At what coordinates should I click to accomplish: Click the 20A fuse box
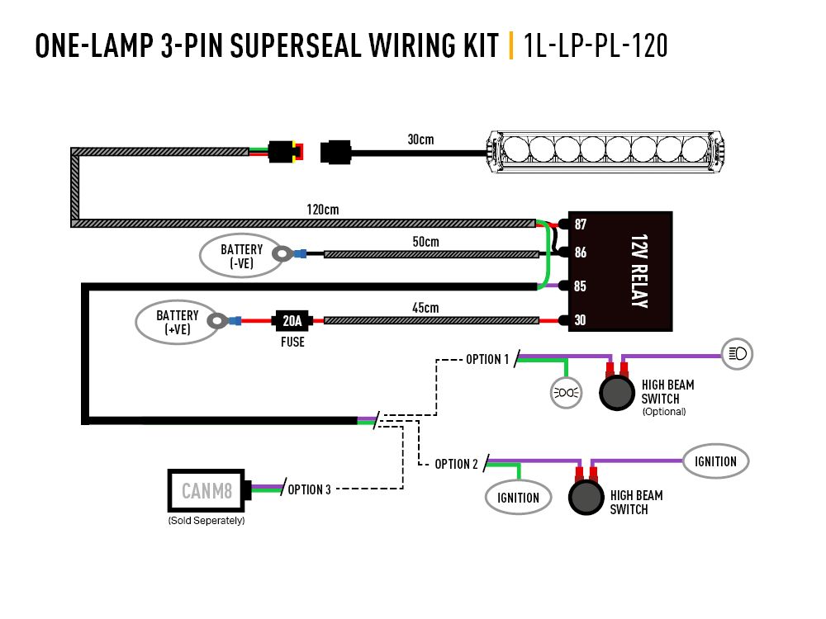click(x=292, y=320)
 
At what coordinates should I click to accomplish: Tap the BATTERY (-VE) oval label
click(x=241, y=256)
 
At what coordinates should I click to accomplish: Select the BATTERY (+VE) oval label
click(x=178, y=322)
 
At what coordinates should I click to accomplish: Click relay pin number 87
click(x=581, y=224)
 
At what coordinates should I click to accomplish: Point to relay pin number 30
click(x=581, y=320)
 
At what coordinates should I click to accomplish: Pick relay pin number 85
click(x=581, y=286)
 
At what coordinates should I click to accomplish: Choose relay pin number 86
click(x=581, y=253)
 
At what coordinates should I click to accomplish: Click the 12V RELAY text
click(x=637, y=272)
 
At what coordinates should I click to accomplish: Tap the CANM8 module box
click(x=206, y=492)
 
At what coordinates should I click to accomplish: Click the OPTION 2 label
click(x=456, y=465)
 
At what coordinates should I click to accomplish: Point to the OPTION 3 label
click(x=309, y=489)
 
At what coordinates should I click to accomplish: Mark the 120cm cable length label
click(x=322, y=210)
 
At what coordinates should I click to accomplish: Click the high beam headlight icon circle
click(x=737, y=354)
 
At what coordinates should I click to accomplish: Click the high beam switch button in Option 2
click(x=586, y=498)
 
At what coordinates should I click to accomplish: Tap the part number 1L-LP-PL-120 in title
click(x=596, y=46)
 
